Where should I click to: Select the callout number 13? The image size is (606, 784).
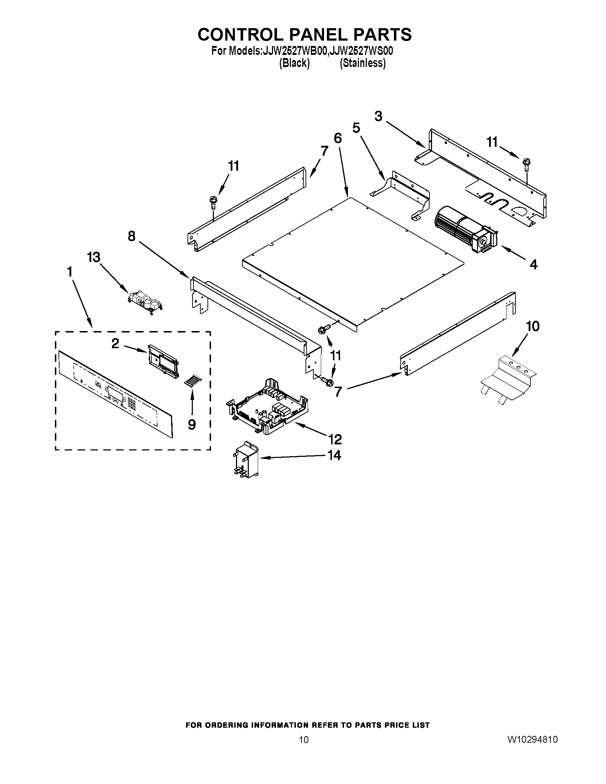[x=94, y=257]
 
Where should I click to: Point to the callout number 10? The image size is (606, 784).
[x=533, y=326]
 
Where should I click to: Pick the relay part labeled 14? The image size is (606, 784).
[x=245, y=459]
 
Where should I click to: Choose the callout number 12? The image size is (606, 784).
[x=334, y=439]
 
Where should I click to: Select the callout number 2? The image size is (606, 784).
[x=115, y=344]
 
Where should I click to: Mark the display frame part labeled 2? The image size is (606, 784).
[x=163, y=361]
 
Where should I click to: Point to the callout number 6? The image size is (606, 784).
[x=338, y=138]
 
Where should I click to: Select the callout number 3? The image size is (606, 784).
[x=378, y=116]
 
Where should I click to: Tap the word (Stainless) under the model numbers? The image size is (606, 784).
[x=363, y=63]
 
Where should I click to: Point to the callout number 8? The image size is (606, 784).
[x=132, y=236]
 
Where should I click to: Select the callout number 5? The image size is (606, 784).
[x=356, y=128]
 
